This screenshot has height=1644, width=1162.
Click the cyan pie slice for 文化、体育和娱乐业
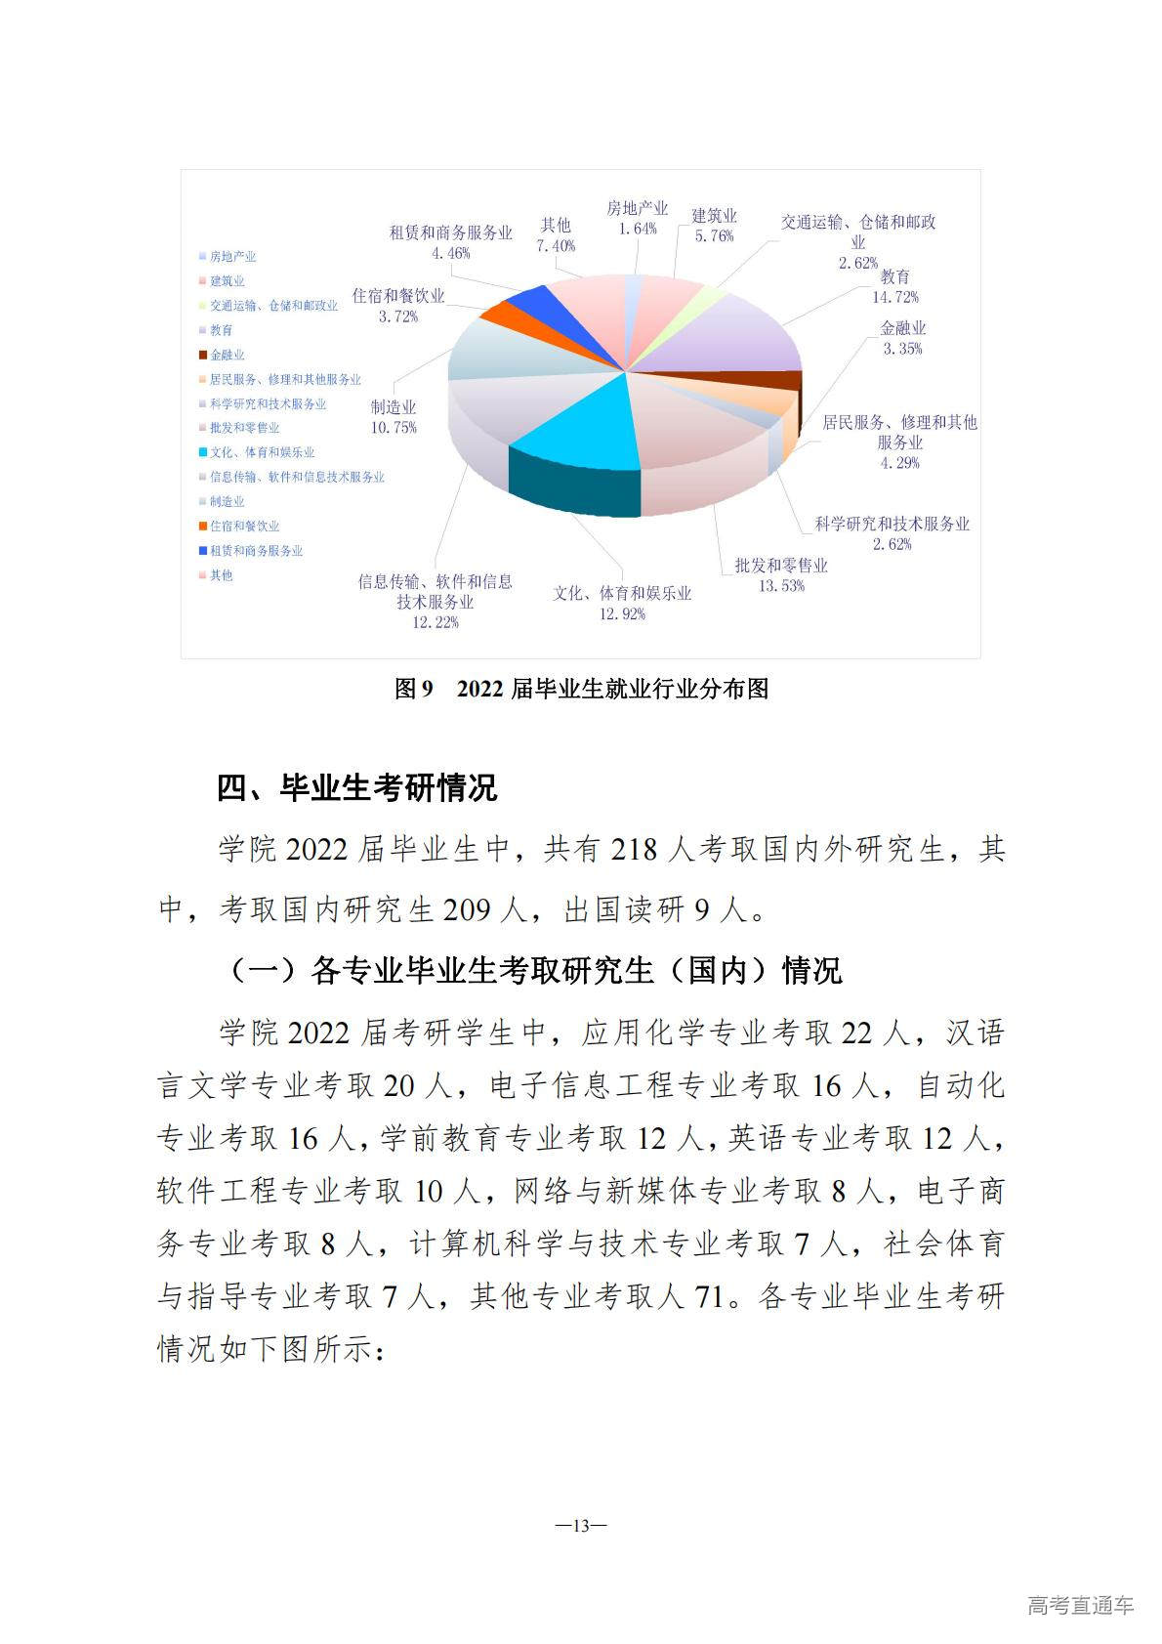click(x=576, y=420)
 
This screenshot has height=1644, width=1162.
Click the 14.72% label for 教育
click(x=894, y=297)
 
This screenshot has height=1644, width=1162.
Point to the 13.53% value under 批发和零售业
click(x=781, y=586)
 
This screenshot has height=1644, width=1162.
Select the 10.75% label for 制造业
click(x=394, y=428)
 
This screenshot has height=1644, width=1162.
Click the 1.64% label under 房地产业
click(x=637, y=229)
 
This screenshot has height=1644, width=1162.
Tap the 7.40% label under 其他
click(x=556, y=246)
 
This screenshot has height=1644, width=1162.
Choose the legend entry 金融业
click(x=228, y=355)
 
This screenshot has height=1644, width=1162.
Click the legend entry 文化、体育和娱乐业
click(x=262, y=452)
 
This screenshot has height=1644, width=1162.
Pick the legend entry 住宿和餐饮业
click(x=244, y=526)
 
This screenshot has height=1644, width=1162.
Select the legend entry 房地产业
click(x=232, y=256)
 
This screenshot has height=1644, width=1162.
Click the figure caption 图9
click(x=413, y=689)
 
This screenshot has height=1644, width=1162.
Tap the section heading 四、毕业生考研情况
click(x=356, y=787)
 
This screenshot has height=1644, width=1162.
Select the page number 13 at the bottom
click(x=581, y=1526)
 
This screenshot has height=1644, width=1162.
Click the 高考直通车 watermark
click(x=1080, y=1605)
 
